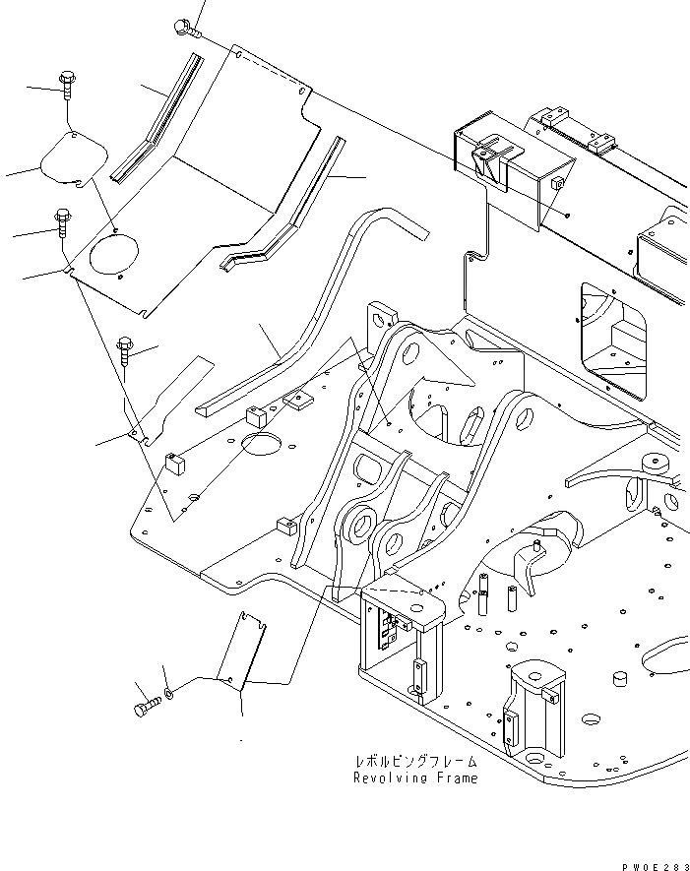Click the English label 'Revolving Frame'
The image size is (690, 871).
click(415, 778)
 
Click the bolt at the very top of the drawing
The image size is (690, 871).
click(184, 27)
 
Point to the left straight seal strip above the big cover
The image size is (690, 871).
click(157, 118)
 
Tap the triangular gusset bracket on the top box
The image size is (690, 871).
click(489, 157)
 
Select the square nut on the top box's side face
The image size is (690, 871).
click(557, 183)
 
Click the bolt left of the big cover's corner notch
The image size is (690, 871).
click(63, 224)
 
